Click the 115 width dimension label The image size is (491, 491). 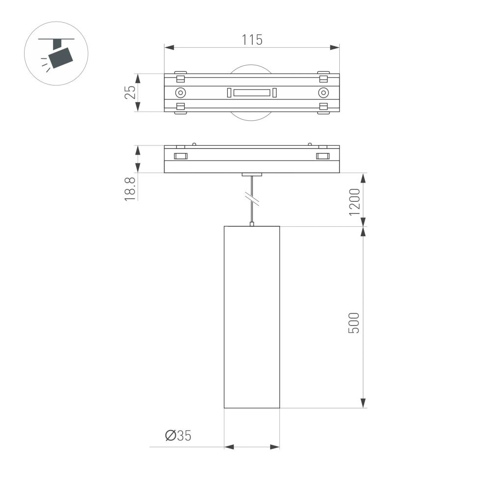tap(252, 40)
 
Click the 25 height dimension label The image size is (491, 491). tap(130, 93)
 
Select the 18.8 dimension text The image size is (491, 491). tap(130, 189)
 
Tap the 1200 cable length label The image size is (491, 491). tap(354, 202)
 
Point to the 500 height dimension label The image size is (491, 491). tap(354, 323)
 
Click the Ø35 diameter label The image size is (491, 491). tap(178, 436)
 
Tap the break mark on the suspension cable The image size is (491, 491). tap(252, 198)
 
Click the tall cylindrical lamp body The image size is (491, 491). tap(252, 317)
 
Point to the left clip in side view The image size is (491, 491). tap(180, 156)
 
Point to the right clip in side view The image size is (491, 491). tap(323, 156)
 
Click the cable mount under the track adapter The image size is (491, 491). tap(252, 174)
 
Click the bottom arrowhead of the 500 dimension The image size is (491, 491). tap(363, 403)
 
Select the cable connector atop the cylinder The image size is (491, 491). tap(252, 224)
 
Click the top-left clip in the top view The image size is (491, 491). tap(180, 78)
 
